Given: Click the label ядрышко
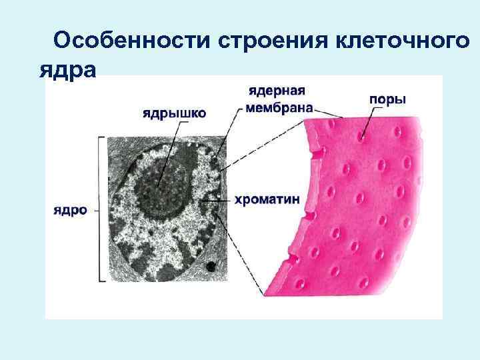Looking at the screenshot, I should tap(174, 113).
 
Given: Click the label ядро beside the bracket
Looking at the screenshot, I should tap(70, 209).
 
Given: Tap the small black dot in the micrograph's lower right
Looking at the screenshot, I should tap(211, 267).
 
